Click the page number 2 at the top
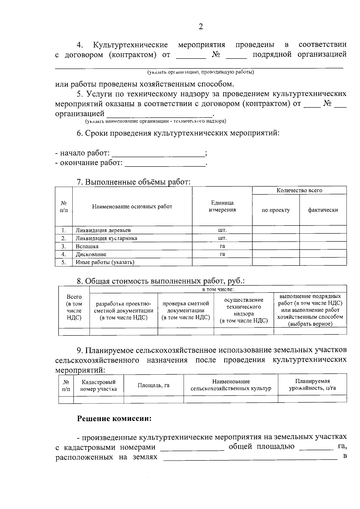coord(201,27)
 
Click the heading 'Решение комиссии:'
coord(114,418)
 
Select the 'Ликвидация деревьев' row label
coord(103,230)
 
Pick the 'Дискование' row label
coord(91,254)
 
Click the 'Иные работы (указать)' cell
coord(105,262)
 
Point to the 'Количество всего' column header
coord(299,190)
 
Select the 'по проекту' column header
coord(276,210)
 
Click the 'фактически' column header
coord(323,210)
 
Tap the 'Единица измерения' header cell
coord(222,206)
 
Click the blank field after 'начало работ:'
coord(158,154)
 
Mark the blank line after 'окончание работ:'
coord(165,163)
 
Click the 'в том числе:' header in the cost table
coord(218,289)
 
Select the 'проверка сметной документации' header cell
coord(186,310)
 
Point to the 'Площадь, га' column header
coord(154,385)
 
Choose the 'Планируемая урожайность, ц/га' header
coord(312,385)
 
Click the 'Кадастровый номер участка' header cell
coord(99,385)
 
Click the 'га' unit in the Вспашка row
coord(222,246)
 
